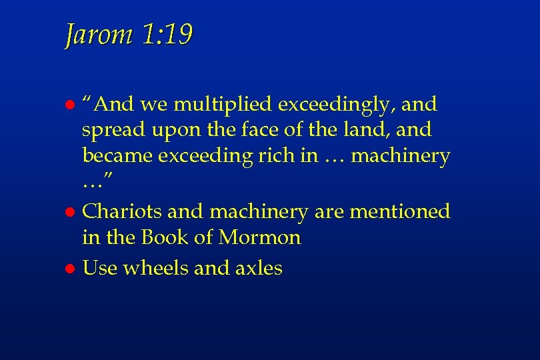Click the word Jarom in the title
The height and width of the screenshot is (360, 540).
[98, 35]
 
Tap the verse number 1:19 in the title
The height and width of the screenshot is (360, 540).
[167, 35]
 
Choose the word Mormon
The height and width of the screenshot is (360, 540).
[261, 237]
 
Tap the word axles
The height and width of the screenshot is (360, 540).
[259, 268]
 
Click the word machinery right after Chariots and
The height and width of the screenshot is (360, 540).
[259, 212]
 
